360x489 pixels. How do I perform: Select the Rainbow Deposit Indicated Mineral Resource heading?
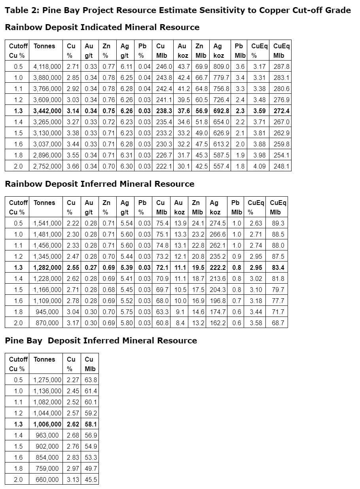pos(102,27)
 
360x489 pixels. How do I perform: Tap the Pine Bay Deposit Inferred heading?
pos(101,341)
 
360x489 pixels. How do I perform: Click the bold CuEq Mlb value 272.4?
pos(281,111)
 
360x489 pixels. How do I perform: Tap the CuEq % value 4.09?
pos(260,167)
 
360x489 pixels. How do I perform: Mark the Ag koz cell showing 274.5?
pos(218,224)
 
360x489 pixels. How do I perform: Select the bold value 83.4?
pos(278,268)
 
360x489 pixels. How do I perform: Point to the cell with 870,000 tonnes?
pos(47,323)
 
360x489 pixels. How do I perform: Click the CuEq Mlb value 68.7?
pos(278,323)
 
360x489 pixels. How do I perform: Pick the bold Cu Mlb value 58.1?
pos(91,425)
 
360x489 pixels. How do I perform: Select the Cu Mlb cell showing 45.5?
pos(91,480)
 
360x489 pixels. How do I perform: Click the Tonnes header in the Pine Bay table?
pos(44,360)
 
